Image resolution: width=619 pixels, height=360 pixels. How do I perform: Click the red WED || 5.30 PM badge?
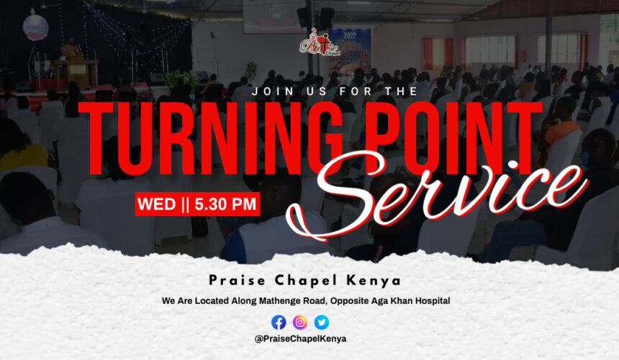[197, 204]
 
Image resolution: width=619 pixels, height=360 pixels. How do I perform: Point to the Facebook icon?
[279, 323]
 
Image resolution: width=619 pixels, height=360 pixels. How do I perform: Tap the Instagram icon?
[300, 323]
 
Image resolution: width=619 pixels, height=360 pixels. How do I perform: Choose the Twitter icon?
[322, 323]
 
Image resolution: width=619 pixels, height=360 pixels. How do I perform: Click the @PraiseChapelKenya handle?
[300, 338]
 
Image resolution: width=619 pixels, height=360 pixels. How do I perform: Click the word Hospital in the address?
[431, 300]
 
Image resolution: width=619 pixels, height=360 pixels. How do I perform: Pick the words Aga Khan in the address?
[390, 300]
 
